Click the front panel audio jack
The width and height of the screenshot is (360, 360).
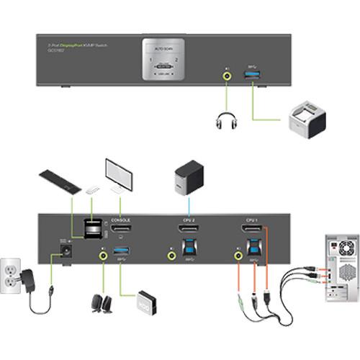click(x=228, y=72)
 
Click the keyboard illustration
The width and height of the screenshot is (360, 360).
click(x=59, y=181)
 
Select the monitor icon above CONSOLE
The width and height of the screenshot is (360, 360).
click(x=117, y=174)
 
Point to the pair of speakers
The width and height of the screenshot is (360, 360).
click(x=102, y=303)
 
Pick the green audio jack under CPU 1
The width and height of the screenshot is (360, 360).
click(x=237, y=253)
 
